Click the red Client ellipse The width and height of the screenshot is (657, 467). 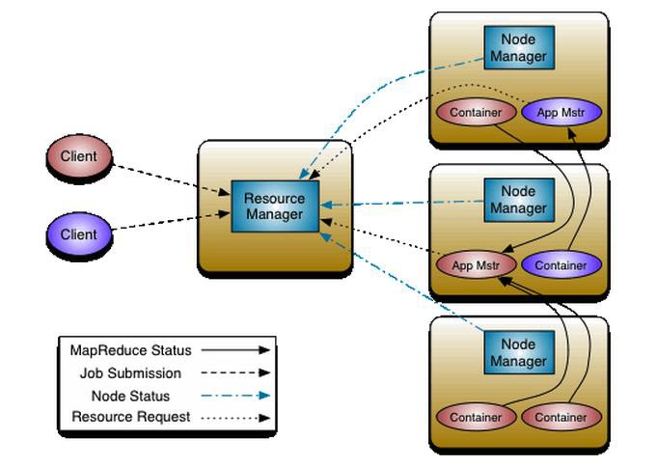point(79,156)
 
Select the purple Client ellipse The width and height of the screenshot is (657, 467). point(79,234)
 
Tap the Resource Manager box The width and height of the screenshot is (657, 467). point(275,206)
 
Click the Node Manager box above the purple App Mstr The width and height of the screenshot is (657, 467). point(519,48)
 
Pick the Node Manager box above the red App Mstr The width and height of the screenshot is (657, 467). point(519,200)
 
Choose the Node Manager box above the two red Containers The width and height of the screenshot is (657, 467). point(519,352)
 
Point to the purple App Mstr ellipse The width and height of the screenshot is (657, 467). point(561,112)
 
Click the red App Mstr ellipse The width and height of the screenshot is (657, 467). point(476,265)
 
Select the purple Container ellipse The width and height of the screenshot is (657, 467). point(561,265)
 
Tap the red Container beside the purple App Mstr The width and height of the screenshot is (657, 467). point(476,112)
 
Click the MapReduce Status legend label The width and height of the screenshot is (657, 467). point(131,350)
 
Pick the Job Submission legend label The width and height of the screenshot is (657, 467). point(131,373)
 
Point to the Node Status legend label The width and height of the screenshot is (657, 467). point(131,396)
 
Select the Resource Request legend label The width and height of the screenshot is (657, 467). point(131,417)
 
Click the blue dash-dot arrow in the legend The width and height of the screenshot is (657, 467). point(235,396)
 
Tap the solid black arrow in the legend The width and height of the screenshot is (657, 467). point(235,350)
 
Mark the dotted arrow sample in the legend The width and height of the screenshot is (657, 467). point(235,418)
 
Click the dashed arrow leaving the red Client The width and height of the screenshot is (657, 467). point(171,179)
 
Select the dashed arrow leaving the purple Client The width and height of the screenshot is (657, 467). point(171,221)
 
